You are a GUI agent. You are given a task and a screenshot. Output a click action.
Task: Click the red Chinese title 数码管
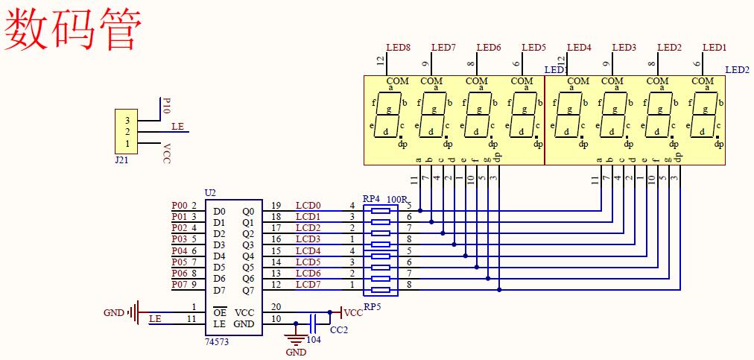coord(73,28)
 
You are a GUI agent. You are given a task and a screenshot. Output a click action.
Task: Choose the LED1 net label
coord(715,48)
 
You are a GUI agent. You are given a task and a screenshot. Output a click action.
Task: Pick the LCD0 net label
coord(308,205)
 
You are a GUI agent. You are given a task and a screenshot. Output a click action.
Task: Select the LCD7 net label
coord(308,284)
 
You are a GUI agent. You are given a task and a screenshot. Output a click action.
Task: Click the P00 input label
coord(179,205)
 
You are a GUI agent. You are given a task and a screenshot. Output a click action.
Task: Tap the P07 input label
coord(179,284)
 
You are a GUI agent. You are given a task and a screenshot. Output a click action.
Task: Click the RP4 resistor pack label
coord(371,199)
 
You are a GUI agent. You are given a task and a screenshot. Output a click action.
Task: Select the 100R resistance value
coord(398,199)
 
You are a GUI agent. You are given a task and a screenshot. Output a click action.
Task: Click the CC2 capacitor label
coord(339,329)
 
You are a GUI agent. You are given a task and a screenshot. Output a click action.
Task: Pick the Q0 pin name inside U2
coord(248,212)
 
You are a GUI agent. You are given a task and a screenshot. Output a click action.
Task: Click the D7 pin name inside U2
coord(219,290)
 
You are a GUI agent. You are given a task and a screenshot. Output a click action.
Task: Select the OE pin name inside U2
coord(220,312)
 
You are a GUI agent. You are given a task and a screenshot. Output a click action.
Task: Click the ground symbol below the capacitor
coord(296,338)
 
